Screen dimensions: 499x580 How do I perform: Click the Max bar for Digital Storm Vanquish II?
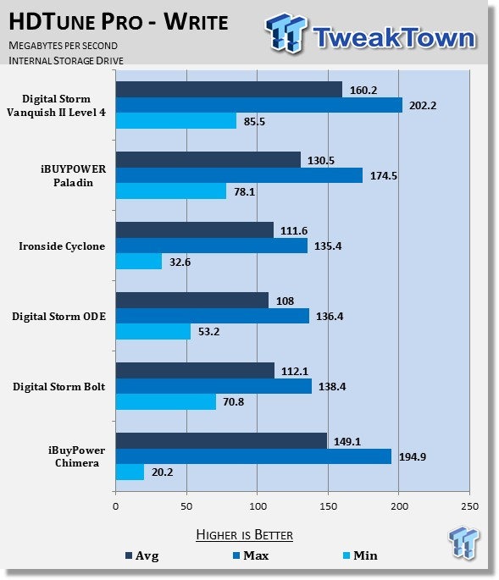point(259,105)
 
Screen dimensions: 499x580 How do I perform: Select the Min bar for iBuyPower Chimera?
point(130,472)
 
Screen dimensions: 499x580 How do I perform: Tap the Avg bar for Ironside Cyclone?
point(195,230)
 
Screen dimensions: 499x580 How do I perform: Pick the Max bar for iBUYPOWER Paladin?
point(239,175)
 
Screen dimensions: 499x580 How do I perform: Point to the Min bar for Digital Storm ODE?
point(153,331)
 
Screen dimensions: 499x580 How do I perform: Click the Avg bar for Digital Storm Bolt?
point(195,371)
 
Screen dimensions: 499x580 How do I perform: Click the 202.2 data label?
point(423,106)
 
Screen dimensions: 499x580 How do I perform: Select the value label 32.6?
point(180,262)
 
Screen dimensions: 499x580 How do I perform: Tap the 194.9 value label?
point(413,457)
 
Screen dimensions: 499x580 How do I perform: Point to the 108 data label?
point(285,301)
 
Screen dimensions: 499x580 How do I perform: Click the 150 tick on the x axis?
point(329,506)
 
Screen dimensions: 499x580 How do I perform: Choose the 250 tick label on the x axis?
point(470,506)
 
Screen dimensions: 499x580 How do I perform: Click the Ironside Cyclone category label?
point(62,246)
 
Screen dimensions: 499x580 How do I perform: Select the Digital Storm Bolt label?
point(58,387)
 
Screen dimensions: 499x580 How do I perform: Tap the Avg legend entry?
point(142,555)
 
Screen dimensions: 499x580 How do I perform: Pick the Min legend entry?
point(360,555)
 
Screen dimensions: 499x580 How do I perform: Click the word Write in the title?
point(197,21)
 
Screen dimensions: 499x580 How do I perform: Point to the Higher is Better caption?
point(244,535)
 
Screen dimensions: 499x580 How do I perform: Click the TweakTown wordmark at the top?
point(395,37)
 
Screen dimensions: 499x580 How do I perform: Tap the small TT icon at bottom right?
point(463,542)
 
